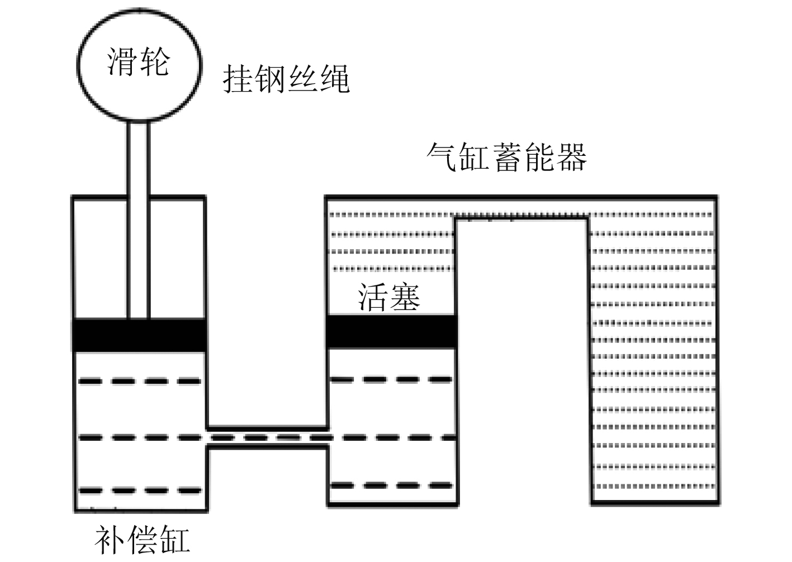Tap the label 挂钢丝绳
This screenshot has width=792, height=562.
[x=286, y=79]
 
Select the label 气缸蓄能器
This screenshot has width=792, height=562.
[x=506, y=157]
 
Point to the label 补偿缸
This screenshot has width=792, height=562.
[x=143, y=539]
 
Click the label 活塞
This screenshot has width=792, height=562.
[x=389, y=297]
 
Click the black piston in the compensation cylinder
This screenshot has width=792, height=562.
[x=140, y=335]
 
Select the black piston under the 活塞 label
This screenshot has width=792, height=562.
[x=391, y=332]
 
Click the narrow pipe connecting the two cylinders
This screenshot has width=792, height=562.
[x=267, y=437]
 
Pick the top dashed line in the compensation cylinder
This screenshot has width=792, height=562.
[x=140, y=382]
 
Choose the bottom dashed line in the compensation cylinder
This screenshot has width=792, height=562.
[x=140, y=490]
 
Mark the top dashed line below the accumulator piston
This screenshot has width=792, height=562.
[x=391, y=380]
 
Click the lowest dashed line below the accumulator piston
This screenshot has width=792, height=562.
[x=391, y=485]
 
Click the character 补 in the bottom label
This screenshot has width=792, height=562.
[x=110, y=539]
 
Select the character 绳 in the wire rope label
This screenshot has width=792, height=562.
[x=334, y=79]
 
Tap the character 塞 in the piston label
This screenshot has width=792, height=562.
[x=405, y=297]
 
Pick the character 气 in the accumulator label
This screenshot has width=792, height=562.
[x=442, y=157]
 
